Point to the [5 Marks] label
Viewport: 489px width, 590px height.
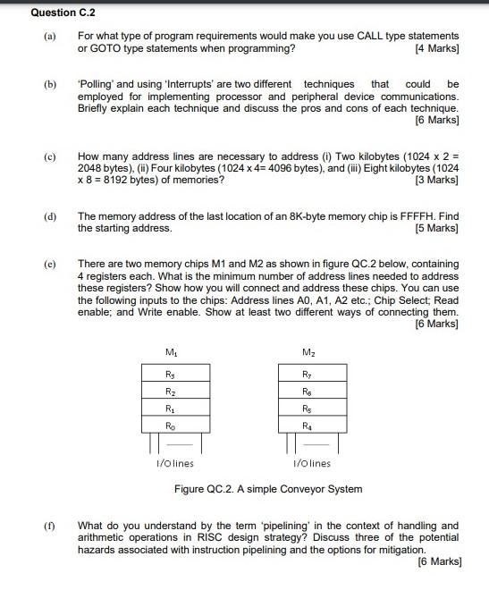coord(437,228)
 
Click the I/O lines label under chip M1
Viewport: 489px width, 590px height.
coord(174,463)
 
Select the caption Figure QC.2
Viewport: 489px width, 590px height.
coord(268,489)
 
